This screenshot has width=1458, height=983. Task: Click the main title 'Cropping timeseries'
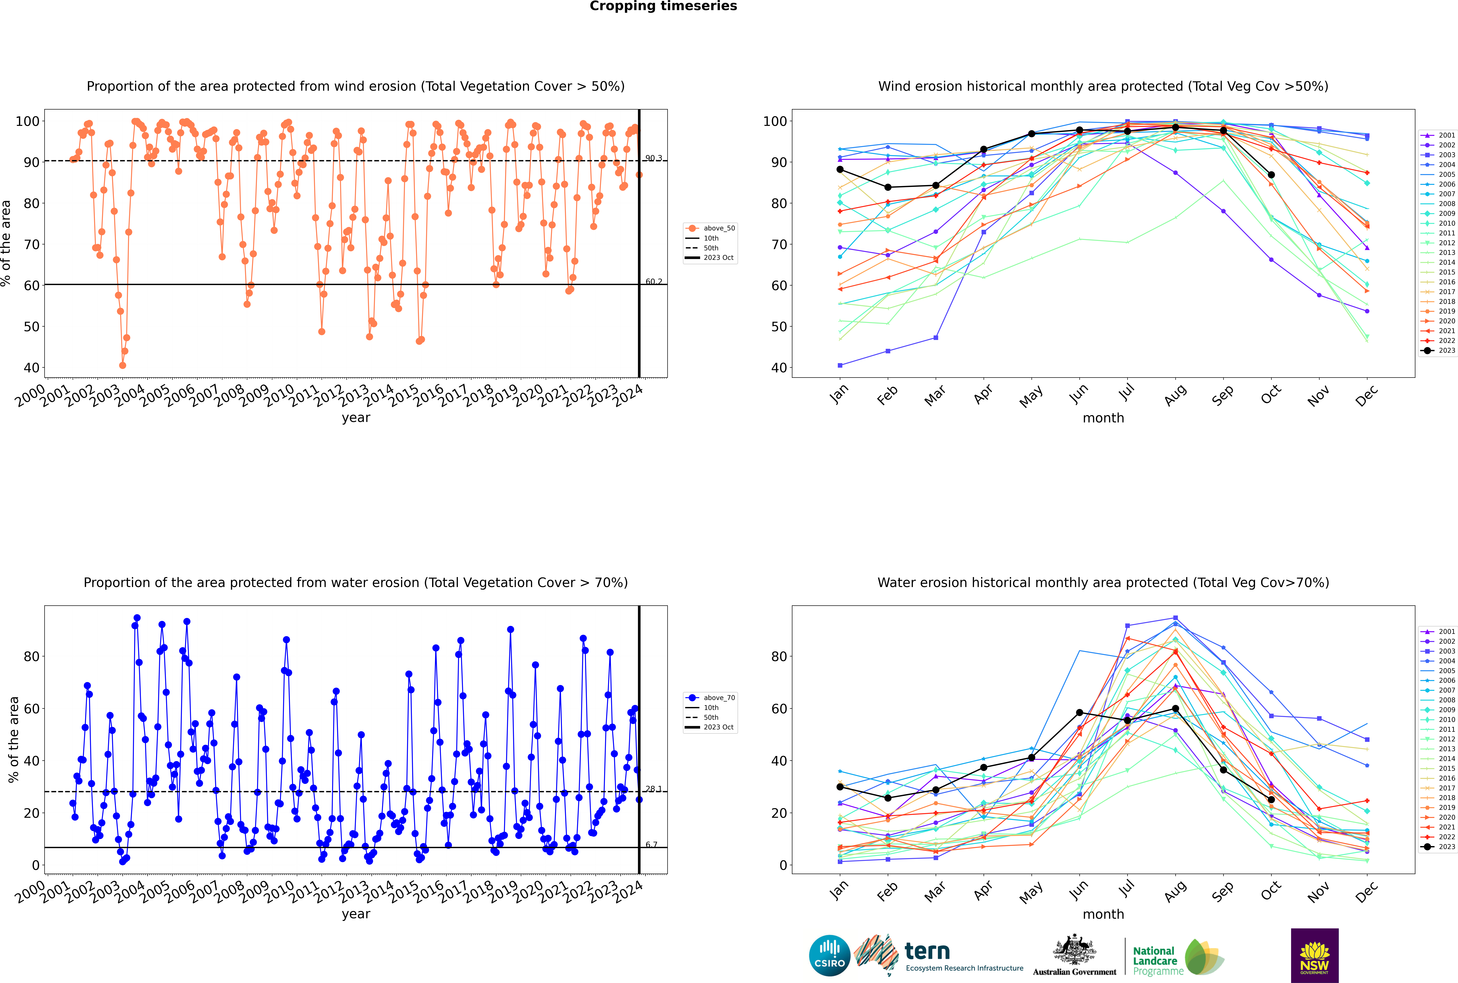point(663,6)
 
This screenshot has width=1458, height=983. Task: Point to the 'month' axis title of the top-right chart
point(1103,418)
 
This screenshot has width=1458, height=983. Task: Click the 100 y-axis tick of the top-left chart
point(27,121)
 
